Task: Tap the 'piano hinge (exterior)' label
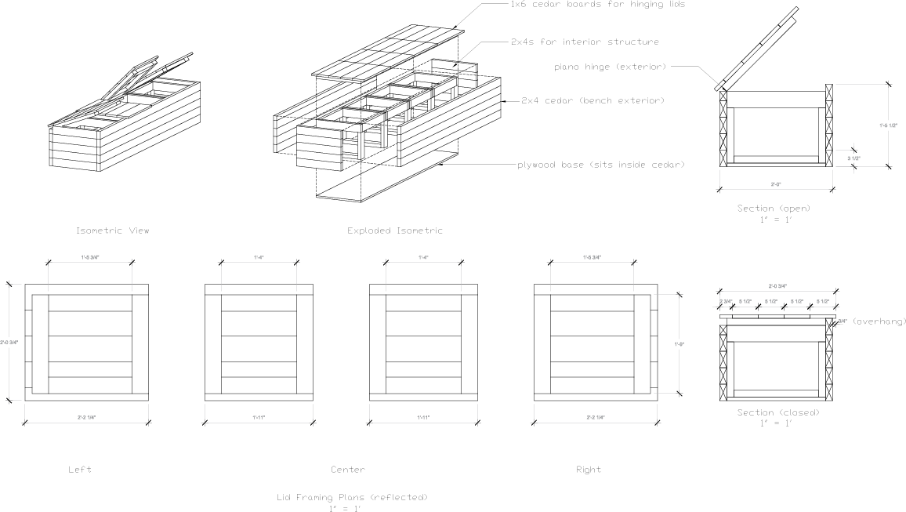(x=610, y=67)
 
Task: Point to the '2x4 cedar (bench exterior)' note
(x=593, y=100)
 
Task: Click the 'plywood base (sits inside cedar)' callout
(x=601, y=165)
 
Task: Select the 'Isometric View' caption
(x=112, y=231)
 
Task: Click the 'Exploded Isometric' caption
(x=395, y=231)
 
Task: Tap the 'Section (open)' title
(x=774, y=209)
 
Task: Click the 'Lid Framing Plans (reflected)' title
(x=353, y=497)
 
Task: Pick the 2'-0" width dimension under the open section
(x=775, y=184)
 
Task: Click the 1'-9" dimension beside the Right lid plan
(x=679, y=343)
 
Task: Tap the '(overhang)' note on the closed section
(x=878, y=321)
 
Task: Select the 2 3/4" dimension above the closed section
(x=725, y=301)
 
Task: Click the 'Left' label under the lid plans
(x=80, y=470)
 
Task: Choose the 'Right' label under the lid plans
(x=588, y=470)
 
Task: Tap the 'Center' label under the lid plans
(x=347, y=470)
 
